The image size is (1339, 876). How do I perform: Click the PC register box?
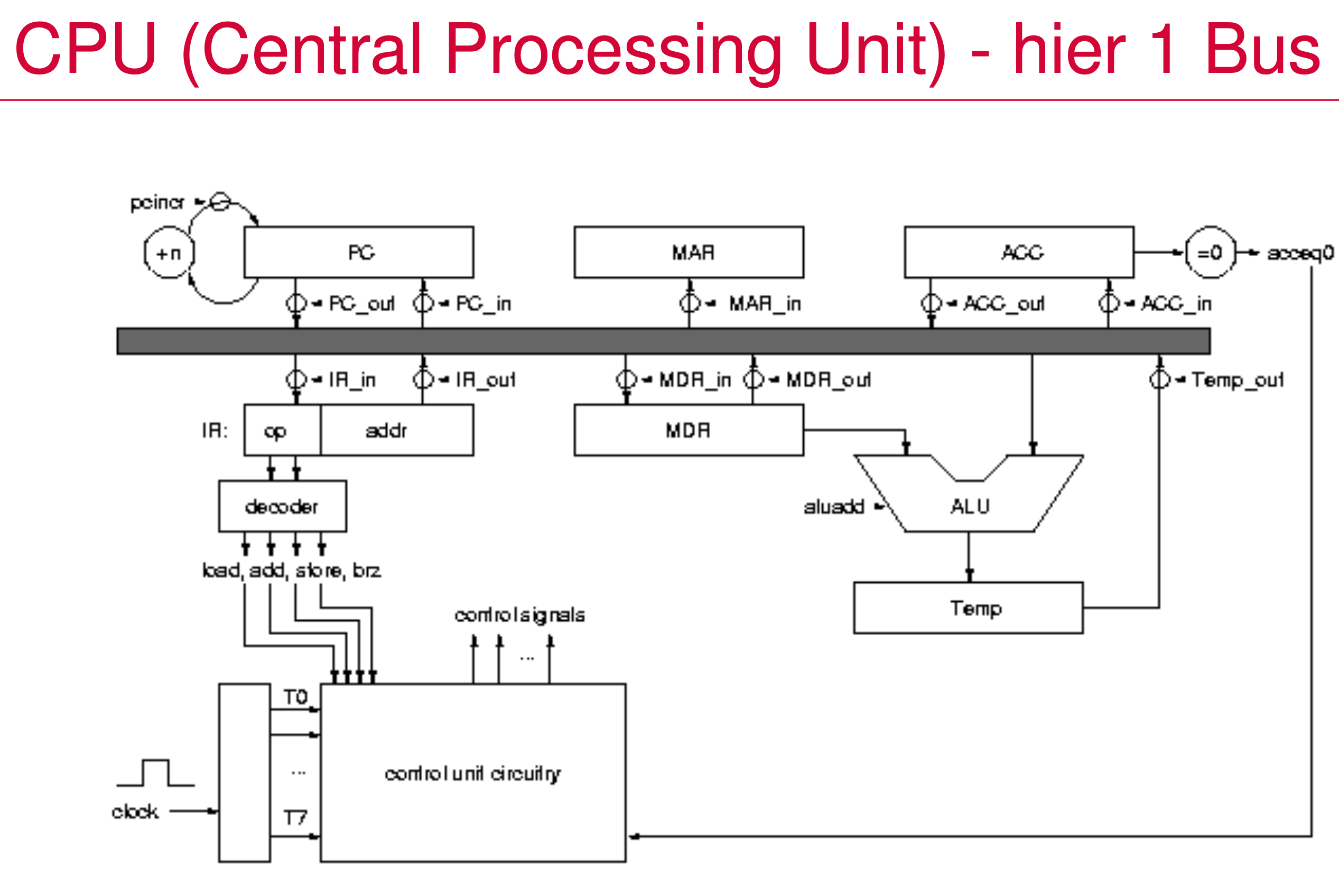point(358,252)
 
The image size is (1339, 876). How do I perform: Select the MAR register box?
point(689,252)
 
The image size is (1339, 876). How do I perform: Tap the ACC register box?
point(1019,252)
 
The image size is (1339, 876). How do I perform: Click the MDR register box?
point(689,430)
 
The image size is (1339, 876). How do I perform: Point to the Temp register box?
point(968,608)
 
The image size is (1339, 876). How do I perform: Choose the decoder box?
point(282,506)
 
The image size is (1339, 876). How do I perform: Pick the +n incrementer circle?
point(169,253)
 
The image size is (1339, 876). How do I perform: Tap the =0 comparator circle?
point(1210,253)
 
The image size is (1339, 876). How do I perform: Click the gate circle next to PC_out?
point(296,303)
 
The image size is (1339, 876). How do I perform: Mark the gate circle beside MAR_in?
point(689,303)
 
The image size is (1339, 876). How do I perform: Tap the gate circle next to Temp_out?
point(1159,379)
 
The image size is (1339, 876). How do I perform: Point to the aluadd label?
point(833,507)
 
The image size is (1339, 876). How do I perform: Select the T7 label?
point(295,817)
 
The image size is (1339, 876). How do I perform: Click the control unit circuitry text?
point(472,774)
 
